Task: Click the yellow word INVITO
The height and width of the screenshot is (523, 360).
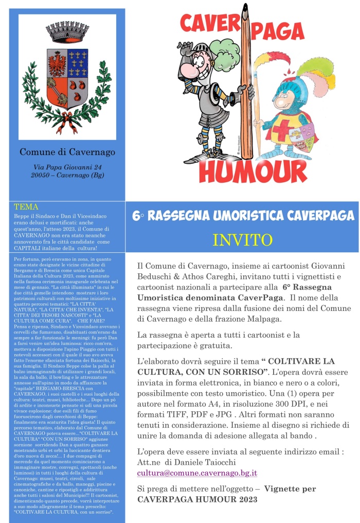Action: (242, 240)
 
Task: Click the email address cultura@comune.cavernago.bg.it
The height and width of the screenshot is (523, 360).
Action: (197, 472)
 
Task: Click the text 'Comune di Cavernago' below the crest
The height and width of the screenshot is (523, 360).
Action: (67, 152)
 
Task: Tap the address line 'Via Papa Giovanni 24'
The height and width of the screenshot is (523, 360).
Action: (67, 167)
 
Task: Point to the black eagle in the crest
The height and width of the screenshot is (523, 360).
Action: (56, 60)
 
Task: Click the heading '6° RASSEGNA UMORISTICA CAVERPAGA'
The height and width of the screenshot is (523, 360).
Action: (243, 216)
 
